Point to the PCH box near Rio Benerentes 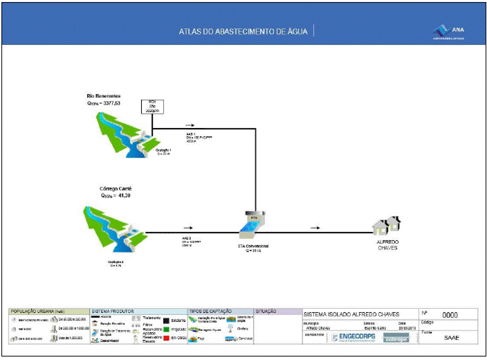[x=151, y=106]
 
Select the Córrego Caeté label [x=106, y=188]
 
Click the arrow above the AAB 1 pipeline [x=190, y=125]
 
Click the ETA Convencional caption [x=248, y=246]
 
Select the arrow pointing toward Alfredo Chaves [x=315, y=226]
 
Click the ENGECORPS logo [x=354, y=337]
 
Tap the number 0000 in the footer [x=450, y=314]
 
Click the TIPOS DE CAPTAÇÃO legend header [x=211, y=312]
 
